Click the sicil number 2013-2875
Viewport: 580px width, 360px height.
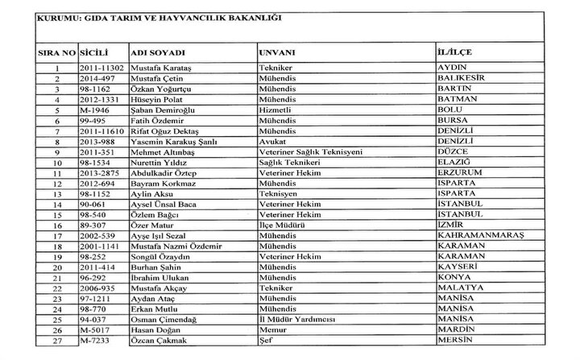(x=101, y=172)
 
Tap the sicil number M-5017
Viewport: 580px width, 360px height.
(x=95, y=329)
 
